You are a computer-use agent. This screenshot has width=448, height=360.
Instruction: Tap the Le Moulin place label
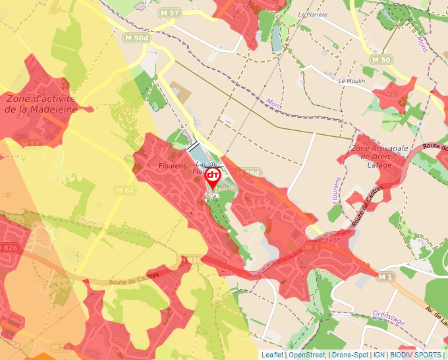[x=350, y=81]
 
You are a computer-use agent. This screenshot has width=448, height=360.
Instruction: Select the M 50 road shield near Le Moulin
[x=381, y=60]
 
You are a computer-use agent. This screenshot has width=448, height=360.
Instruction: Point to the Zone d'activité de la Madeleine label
[x=40, y=104]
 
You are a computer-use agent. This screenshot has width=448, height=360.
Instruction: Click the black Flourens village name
[x=173, y=167]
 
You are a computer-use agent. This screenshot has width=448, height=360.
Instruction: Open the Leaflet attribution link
[x=272, y=355]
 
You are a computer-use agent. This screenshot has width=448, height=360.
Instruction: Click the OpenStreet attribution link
[x=306, y=355]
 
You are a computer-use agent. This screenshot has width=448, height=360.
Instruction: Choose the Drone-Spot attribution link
[x=350, y=355]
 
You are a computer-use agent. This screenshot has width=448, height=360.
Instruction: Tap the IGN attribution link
[x=379, y=355]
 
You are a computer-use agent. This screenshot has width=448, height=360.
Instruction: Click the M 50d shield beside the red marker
[x=248, y=172]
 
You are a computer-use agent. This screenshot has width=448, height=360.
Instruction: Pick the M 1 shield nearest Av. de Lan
[x=386, y=278]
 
